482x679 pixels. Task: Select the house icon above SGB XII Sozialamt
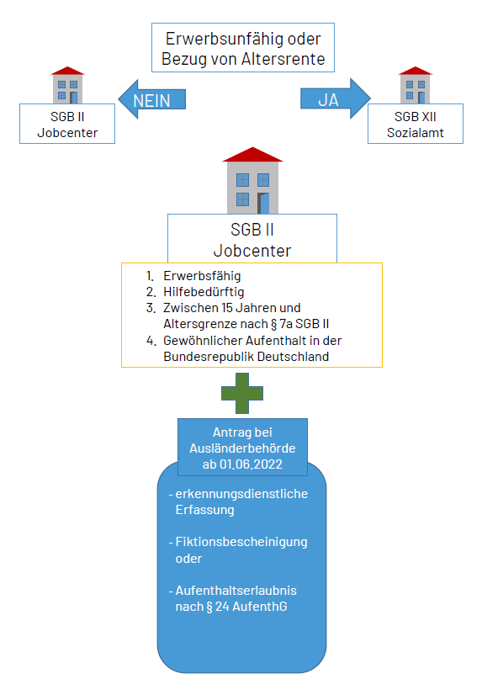click(415, 86)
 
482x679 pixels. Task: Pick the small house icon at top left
click(67, 86)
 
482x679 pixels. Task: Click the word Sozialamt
click(415, 132)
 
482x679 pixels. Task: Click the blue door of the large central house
click(264, 203)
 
